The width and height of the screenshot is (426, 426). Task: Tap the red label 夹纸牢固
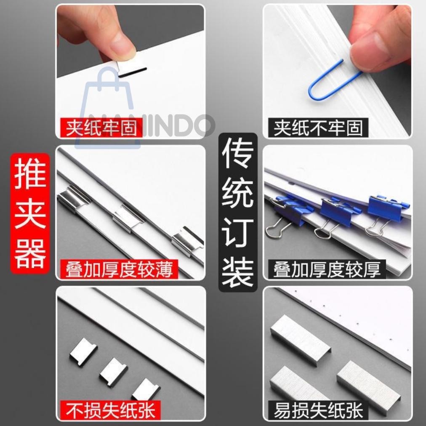101,127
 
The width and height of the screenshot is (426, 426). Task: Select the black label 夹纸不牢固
318,127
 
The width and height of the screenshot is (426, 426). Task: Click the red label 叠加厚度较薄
119,269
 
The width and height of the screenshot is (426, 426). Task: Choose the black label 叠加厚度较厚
326,269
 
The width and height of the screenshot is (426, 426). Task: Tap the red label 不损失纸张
110,409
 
